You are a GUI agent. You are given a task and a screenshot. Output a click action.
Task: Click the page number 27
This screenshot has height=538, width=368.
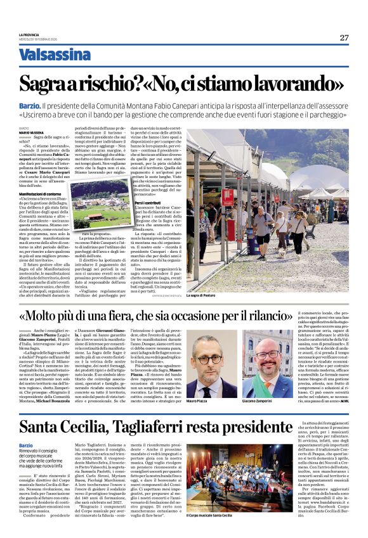[344, 37]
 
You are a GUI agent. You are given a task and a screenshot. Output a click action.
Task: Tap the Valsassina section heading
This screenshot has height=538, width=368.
[55, 54]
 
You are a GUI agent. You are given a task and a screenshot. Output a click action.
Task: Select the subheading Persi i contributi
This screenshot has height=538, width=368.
[167, 201]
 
